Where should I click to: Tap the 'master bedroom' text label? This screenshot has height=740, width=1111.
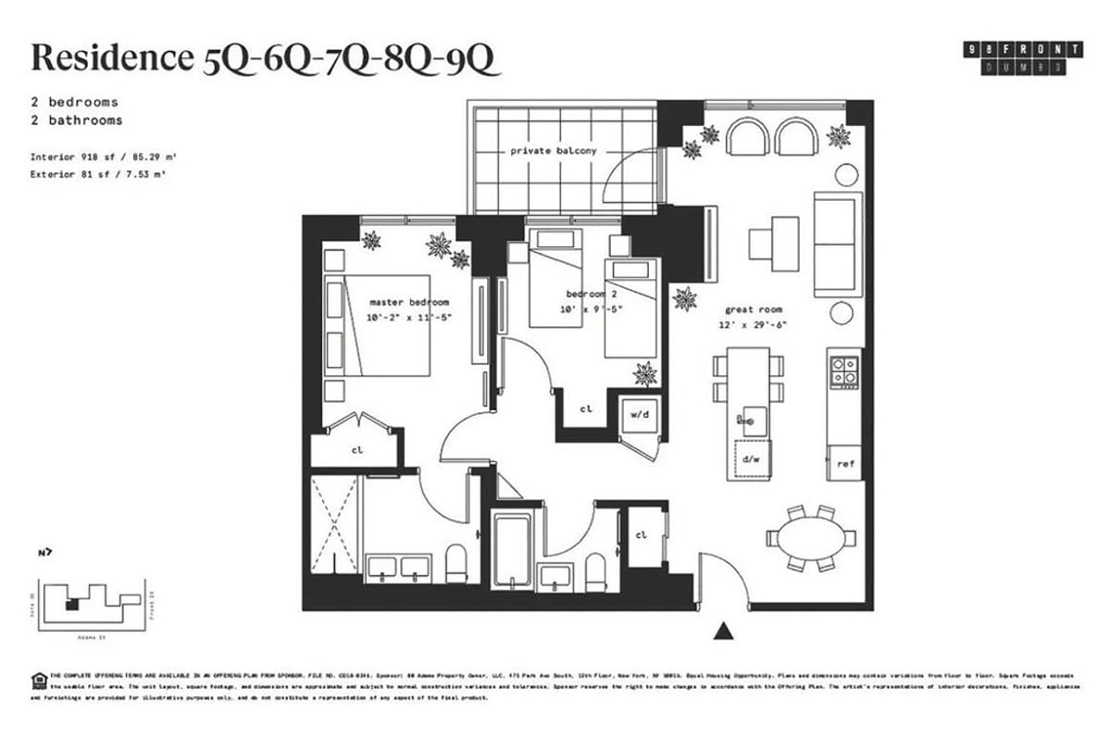coord(408,302)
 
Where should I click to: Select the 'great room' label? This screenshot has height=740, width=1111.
coord(754,308)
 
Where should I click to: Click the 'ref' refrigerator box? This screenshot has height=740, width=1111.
coord(844,462)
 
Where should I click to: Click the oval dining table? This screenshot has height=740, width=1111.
coord(811,538)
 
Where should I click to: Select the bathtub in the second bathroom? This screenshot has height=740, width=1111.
coord(512,550)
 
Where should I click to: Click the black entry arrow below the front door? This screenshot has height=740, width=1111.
coord(723,632)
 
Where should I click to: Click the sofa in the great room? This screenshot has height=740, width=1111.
coord(837,244)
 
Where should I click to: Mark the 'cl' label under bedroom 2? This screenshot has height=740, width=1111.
coord(586,408)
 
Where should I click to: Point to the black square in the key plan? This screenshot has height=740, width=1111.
coord(71,605)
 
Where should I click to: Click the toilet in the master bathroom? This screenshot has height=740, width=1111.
coord(456,563)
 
